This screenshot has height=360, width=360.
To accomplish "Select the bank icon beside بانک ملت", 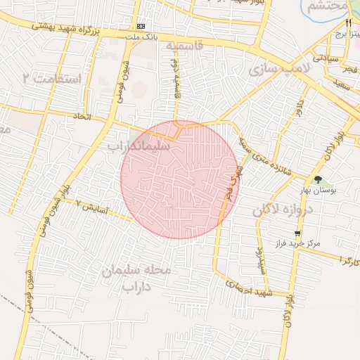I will click(x=141, y=25).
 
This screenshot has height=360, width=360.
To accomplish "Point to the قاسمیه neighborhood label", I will click(x=184, y=46).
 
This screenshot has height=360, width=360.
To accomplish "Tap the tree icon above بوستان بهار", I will click(x=318, y=179).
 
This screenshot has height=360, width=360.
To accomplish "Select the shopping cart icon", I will click(x=297, y=233).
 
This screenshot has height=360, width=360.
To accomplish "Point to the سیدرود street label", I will click(x=259, y=260).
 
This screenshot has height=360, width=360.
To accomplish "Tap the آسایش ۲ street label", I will click(x=91, y=208).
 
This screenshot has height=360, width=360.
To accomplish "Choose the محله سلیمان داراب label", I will click(x=137, y=278).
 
